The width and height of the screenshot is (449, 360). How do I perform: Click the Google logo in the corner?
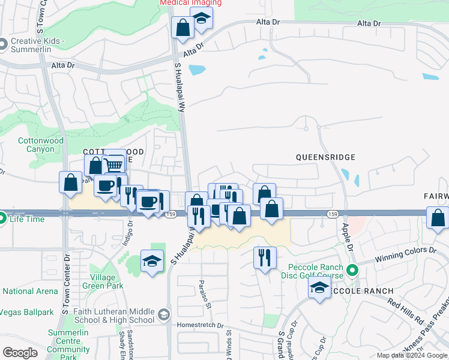coord(20,353)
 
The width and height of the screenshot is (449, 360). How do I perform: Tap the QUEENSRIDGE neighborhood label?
coord(325,157)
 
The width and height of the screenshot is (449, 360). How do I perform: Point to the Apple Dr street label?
coord(346,235)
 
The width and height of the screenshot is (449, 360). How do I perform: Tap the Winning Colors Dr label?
coord(405,254)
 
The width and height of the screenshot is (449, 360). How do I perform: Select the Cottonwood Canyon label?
coord(41,145)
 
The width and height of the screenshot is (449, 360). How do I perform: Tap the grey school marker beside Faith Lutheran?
coord(163,315)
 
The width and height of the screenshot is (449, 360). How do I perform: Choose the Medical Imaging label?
coord(190,3)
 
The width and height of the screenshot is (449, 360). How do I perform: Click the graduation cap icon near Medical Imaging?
coord(202,20)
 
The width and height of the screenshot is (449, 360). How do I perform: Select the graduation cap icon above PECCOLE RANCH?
coord(320,288)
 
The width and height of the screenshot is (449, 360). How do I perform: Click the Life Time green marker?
coord(2,219)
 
